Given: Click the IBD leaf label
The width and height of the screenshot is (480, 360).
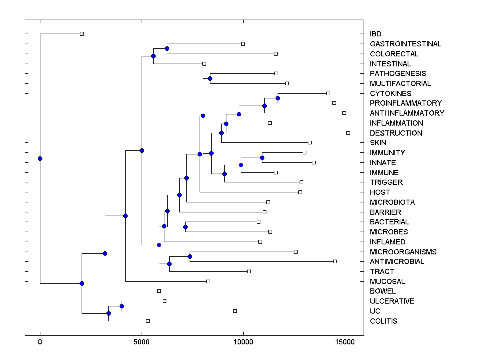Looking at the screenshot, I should click(x=376, y=34).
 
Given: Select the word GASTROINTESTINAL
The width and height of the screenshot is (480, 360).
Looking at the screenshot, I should click(x=406, y=44).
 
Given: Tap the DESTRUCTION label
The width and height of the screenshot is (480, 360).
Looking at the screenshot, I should click(x=396, y=133).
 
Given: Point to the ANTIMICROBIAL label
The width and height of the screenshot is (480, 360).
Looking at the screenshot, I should click(x=397, y=262).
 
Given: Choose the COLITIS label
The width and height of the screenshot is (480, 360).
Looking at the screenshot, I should click(x=384, y=321).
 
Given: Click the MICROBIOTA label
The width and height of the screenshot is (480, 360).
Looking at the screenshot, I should click(x=392, y=202).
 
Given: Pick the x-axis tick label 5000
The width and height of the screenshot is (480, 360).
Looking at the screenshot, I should click(x=142, y=342).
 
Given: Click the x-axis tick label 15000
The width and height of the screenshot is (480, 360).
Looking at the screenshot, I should click(x=345, y=342).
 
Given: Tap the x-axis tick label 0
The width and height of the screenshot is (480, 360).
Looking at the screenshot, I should click(x=40, y=342).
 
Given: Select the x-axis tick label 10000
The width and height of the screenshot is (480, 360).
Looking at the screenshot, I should click(x=243, y=342).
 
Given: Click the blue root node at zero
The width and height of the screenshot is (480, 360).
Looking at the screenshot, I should click(x=40, y=158).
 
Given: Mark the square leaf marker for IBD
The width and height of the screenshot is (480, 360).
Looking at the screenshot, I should click(x=82, y=34).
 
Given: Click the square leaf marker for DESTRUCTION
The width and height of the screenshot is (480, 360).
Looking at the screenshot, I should click(x=348, y=133).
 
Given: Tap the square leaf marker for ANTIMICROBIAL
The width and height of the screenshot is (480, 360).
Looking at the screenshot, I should click(x=335, y=261).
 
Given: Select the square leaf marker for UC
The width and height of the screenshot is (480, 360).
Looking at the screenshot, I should click(x=235, y=311).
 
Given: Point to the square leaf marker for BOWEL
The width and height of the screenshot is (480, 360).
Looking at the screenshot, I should click(x=159, y=291).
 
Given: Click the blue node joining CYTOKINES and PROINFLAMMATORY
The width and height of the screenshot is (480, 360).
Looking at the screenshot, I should click(x=278, y=98).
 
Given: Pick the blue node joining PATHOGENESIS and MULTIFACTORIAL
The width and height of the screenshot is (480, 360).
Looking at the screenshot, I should click(x=210, y=78).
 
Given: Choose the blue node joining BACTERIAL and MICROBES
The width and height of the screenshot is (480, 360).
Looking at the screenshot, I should click(x=185, y=227).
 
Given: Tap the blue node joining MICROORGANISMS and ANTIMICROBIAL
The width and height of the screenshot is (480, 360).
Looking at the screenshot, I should click(x=190, y=256).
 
